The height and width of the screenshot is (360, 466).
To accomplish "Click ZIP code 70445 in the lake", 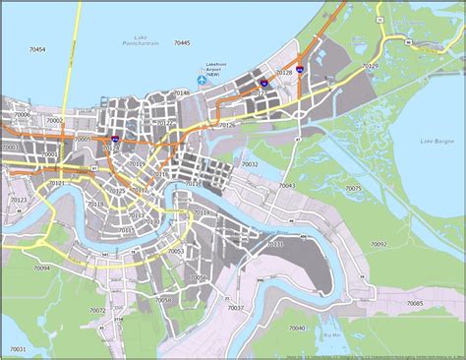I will [x=181, y=44].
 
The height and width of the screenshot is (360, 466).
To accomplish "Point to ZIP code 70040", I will [x=296, y=328].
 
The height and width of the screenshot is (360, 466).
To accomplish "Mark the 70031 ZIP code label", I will [x=274, y=242].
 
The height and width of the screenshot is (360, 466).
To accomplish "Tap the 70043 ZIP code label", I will [x=287, y=185].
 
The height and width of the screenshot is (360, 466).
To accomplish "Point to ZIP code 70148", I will [x=181, y=91].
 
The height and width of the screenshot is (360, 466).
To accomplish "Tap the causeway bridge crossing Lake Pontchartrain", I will [x=66, y=59].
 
